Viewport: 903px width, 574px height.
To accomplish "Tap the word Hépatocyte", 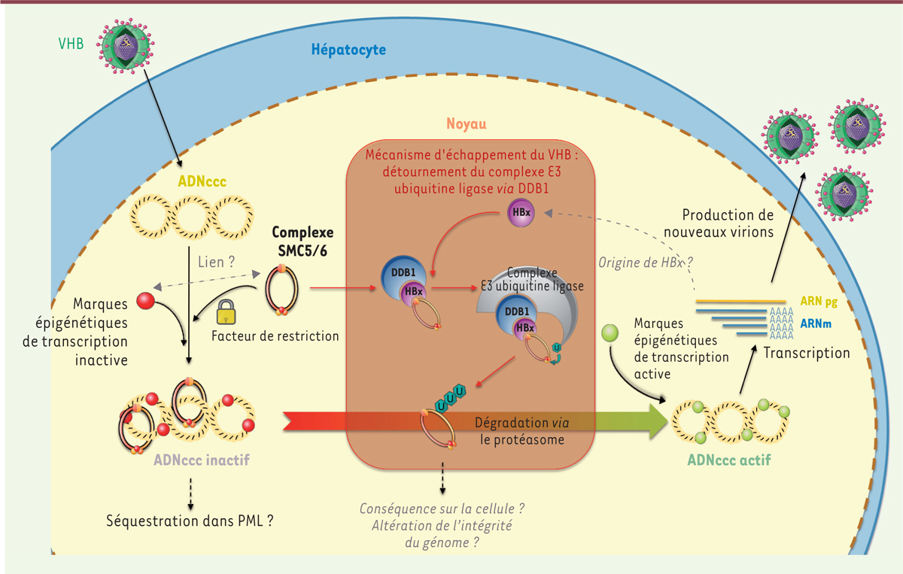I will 348,50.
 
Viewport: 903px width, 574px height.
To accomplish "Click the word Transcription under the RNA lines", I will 807,352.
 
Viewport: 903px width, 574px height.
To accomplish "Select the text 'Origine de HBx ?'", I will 645,264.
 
